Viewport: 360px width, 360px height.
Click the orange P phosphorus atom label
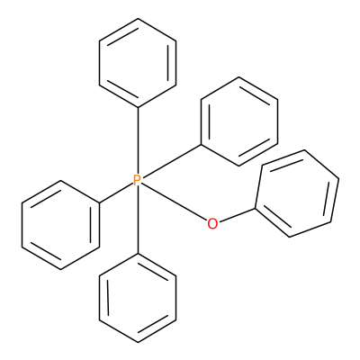coord(137,180)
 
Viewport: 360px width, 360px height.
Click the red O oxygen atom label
coord(212,224)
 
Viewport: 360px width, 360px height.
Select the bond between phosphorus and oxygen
coord(174,202)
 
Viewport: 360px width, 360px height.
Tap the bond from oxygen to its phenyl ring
coord(237,215)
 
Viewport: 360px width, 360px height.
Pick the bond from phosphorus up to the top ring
coord(138,140)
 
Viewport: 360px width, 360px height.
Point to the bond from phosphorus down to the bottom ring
coord(138,220)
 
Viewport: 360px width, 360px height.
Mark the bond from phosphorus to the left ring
coord(116,193)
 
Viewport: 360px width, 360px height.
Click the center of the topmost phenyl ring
coord(138,63)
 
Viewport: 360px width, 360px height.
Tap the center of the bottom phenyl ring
coord(138,298)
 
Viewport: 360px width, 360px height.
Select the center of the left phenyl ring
coord(60,225)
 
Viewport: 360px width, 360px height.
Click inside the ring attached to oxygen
coord(297,193)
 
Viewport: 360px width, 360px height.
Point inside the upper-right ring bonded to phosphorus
coord(239,121)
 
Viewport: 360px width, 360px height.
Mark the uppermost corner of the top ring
coord(138,19)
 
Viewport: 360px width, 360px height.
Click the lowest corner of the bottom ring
coord(138,342)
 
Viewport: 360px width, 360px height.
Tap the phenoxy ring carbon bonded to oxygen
coord(256,208)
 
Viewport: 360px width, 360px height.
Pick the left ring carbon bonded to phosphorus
coord(99,202)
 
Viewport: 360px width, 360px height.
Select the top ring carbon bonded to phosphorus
coord(138,107)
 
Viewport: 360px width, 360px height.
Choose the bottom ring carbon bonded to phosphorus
coord(138,254)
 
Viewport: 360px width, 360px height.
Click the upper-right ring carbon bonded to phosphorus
coord(201,145)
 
